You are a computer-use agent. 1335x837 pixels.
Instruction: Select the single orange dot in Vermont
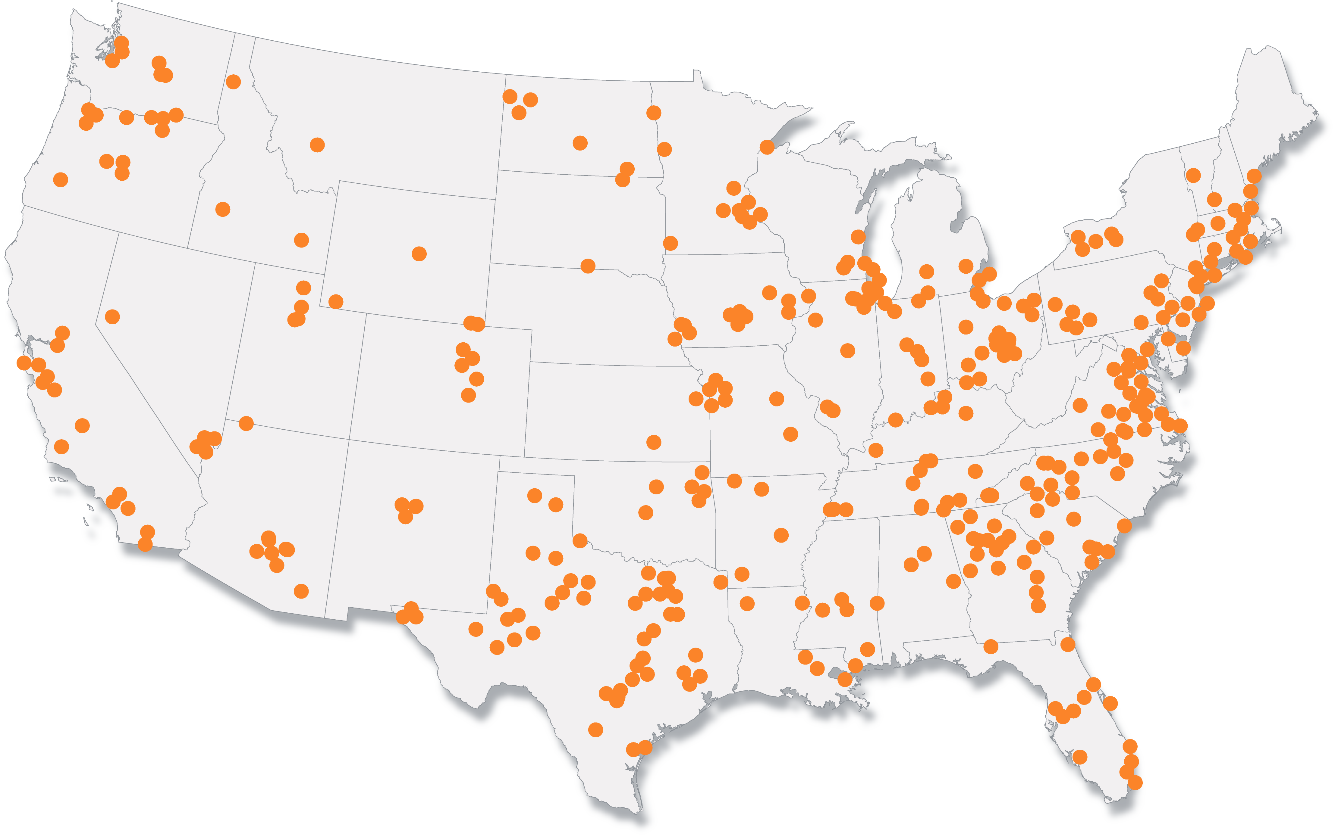1193,176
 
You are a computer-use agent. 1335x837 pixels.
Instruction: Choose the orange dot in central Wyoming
419,254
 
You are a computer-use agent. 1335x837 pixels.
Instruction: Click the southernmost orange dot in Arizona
301,591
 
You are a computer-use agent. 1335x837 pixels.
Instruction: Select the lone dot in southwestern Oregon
60,179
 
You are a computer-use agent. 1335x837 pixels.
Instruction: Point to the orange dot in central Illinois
847,350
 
